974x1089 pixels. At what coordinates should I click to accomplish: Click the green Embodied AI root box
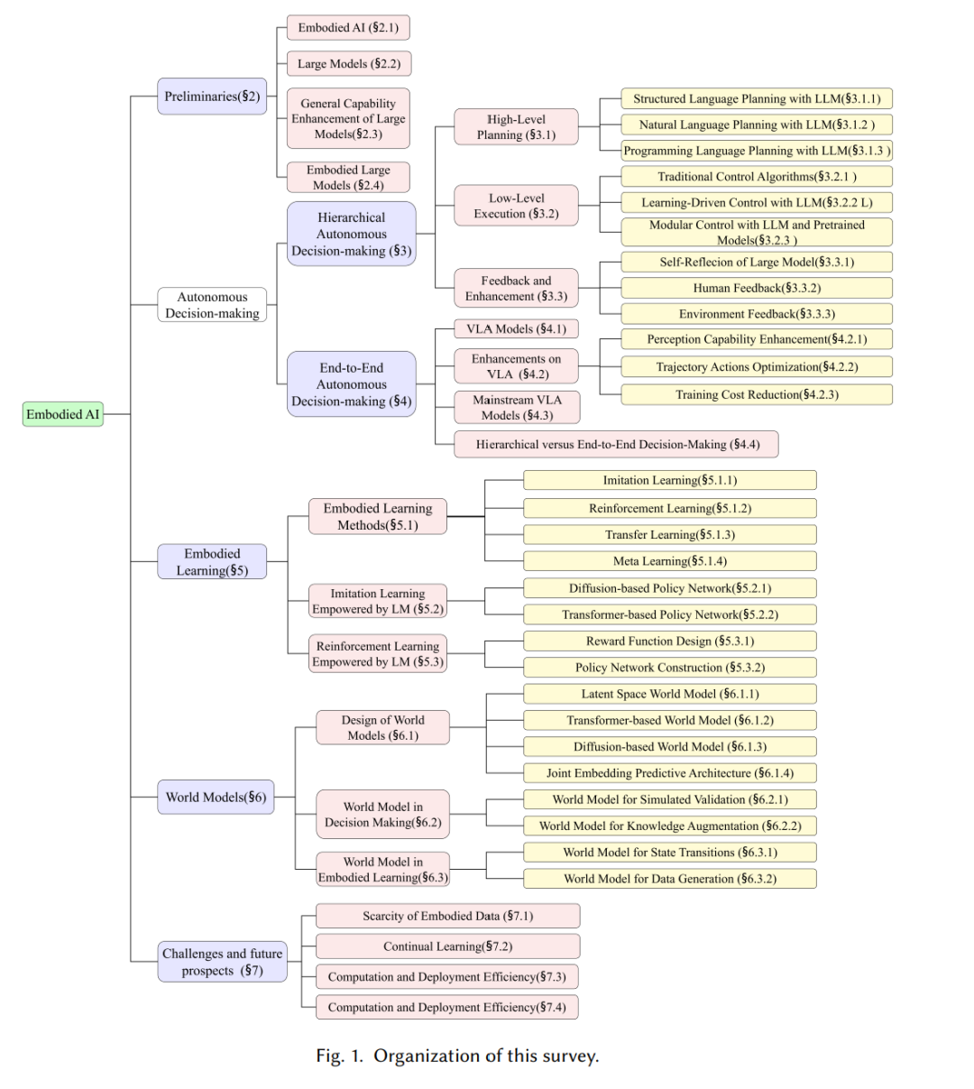pos(63,414)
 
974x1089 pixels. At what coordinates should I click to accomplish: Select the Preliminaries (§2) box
pos(212,97)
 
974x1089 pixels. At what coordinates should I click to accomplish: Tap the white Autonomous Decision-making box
pos(212,305)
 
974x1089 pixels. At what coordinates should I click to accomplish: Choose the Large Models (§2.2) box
pos(349,63)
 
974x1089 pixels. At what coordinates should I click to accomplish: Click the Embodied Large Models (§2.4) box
pos(348,178)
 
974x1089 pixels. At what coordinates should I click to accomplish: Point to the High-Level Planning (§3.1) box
pos(516,127)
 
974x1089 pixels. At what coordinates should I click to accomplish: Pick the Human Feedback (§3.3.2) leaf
pos(757,288)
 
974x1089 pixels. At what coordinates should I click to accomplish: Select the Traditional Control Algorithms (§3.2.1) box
pos(757,176)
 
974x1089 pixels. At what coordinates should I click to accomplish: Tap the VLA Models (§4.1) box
pos(516,329)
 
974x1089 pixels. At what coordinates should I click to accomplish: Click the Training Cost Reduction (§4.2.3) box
pos(757,394)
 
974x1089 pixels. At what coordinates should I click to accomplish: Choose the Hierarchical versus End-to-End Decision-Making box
pos(616,444)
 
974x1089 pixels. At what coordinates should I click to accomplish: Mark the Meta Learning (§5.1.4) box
pos(670,561)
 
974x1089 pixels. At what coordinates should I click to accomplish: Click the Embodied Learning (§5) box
pos(212,562)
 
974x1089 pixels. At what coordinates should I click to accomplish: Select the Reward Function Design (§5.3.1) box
pos(670,641)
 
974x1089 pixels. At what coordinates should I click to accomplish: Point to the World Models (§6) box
pos(216,798)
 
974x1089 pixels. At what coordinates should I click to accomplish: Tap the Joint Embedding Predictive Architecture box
pos(670,773)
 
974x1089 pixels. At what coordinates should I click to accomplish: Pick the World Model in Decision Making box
pos(382,815)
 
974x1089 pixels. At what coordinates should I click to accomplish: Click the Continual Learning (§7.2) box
pos(447,946)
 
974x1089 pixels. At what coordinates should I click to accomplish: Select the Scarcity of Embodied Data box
pos(447,916)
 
